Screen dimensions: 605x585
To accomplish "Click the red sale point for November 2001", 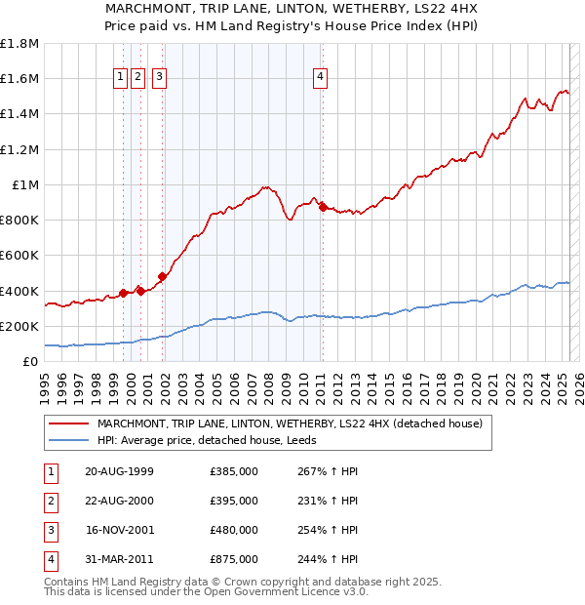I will click(162, 276).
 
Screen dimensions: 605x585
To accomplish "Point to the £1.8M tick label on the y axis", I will click(20, 44).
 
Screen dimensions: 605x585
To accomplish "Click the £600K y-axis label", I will click(20, 256).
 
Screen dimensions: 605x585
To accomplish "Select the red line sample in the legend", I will click(68, 423).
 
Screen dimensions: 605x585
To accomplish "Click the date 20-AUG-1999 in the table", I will click(120, 471).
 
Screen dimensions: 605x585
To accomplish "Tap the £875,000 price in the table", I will click(234, 559).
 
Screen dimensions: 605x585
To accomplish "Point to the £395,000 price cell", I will click(234, 501).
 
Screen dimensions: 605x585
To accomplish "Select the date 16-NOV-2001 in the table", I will click(121, 530).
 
